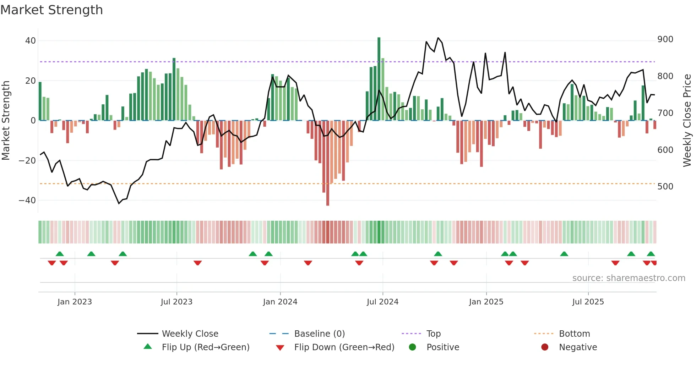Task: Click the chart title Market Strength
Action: pos(51,10)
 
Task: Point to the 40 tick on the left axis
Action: pos(31,41)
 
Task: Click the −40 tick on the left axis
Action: pos(27,200)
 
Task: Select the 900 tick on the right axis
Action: pos(665,39)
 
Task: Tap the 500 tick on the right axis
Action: pos(665,187)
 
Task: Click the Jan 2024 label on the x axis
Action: pos(280,302)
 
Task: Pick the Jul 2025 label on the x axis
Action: pos(588,302)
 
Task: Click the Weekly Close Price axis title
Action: pos(687,121)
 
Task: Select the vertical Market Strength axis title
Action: pos(6,121)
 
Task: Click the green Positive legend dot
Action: pos(412,347)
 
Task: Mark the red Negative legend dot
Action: pos(545,347)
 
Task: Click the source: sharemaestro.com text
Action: pos(629,278)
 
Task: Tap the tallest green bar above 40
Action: pos(379,78)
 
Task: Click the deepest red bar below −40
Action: pos(328,163)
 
